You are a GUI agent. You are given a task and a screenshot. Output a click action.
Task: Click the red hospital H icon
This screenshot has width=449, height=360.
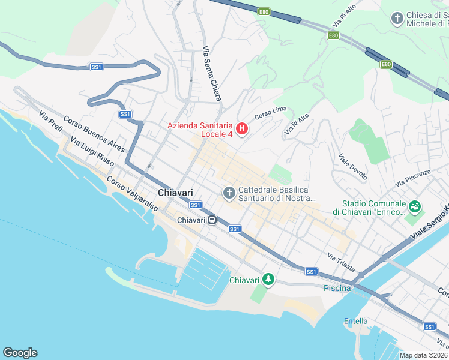tap(242, 128)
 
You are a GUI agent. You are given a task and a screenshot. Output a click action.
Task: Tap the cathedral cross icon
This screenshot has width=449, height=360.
tap(228, 193)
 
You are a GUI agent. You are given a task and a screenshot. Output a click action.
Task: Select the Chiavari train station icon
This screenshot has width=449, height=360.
tap(212, 220)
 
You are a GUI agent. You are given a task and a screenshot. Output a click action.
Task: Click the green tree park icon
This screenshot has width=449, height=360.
tap(269, 280)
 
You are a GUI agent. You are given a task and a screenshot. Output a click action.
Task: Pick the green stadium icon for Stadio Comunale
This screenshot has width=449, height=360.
tap(414, 207)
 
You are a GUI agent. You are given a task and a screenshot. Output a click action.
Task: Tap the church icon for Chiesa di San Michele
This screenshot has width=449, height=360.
tap(396, 19)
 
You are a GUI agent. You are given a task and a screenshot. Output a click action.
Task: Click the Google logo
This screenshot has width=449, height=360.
tap(20, 353)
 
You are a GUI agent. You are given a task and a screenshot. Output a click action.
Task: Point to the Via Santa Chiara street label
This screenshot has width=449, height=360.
tap(212, 74)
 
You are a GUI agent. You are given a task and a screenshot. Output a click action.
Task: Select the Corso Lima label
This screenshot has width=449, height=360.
tap(270, 112)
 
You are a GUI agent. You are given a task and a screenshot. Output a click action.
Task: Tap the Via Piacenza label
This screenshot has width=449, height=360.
tap(413, 177)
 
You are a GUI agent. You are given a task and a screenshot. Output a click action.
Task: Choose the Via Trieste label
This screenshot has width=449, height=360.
tap(341, 261)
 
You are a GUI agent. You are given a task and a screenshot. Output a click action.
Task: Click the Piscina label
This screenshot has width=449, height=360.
tap(337, 288)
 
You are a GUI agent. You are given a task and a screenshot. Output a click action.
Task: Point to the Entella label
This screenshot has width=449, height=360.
tap(355, 321)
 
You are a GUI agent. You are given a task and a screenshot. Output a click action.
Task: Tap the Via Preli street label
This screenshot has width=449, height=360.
tap(50, 122)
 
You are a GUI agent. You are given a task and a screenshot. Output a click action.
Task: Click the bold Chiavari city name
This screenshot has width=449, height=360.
tap(175, 193)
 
